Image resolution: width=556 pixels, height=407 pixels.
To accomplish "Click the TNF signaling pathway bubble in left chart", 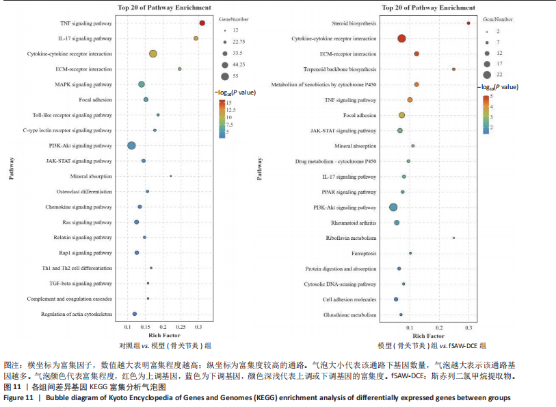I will pyautogui.click(x=202, y=23).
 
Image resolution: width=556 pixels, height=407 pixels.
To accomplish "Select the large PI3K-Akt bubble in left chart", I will pyautogui.click(x=131, y=145).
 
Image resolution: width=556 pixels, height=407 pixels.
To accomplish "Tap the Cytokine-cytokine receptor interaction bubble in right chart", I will pyautogui.click(x=401, y=38).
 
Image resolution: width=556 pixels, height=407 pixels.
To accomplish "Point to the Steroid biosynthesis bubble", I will pyautogui.click(x=468, y=23).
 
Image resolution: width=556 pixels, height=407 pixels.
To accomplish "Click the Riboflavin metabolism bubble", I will pyautogui.click(x=453, y=238).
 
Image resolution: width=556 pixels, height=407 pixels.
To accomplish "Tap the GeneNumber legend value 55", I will pyautogui.click(x=236, y=76).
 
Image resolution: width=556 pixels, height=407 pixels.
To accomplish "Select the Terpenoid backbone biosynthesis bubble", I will pyautogui.click(x=453, y=69).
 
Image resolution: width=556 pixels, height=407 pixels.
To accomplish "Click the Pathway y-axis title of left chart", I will pyautogui.click(x=12, y=168).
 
